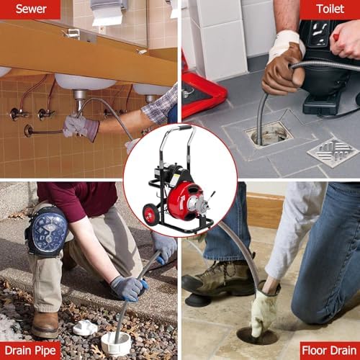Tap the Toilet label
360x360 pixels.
coord(330,9)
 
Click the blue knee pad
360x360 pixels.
coord(48,230)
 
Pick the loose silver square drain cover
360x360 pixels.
coord(332,152)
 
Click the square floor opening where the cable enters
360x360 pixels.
coord(268,133)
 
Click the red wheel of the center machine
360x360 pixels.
coord(150,215)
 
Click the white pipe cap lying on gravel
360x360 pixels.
coord(84,328)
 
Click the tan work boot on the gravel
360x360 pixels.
coord(45,323)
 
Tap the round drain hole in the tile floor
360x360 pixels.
coord(256,336)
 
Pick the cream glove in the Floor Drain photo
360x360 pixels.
coord(264,310)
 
